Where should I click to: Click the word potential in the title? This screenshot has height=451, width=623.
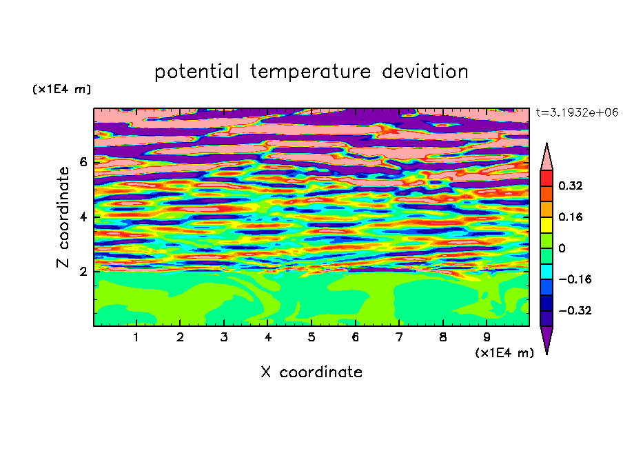point(196,72)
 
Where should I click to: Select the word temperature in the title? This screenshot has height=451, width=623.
point(311,72)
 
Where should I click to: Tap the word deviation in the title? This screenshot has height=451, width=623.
point(425,72)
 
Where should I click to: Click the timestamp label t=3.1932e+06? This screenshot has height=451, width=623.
point(577,112)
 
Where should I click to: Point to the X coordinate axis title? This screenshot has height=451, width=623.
point(311,372)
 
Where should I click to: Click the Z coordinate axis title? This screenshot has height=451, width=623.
point(63,217)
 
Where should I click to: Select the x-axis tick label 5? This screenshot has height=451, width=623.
point(311,337)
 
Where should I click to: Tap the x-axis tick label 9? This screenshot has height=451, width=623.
point(487,337)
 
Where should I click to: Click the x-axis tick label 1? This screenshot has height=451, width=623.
point(136,337)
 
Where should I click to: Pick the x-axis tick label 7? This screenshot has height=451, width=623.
point(399,337)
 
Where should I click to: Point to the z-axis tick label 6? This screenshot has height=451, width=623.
point(83,162)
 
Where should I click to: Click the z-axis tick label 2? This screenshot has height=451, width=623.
point(83,272)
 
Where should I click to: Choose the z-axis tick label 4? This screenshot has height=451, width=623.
point(83,217)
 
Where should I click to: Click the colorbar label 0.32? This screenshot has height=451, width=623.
point(571,186)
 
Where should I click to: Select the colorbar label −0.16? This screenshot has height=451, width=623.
point(575,279)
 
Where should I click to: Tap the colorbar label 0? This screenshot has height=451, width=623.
point(562,248)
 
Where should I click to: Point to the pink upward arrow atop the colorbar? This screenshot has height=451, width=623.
point(547,157)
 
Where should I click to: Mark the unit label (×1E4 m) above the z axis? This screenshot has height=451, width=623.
point(61,89)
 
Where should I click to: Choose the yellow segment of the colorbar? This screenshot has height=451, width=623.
point(547,225)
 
